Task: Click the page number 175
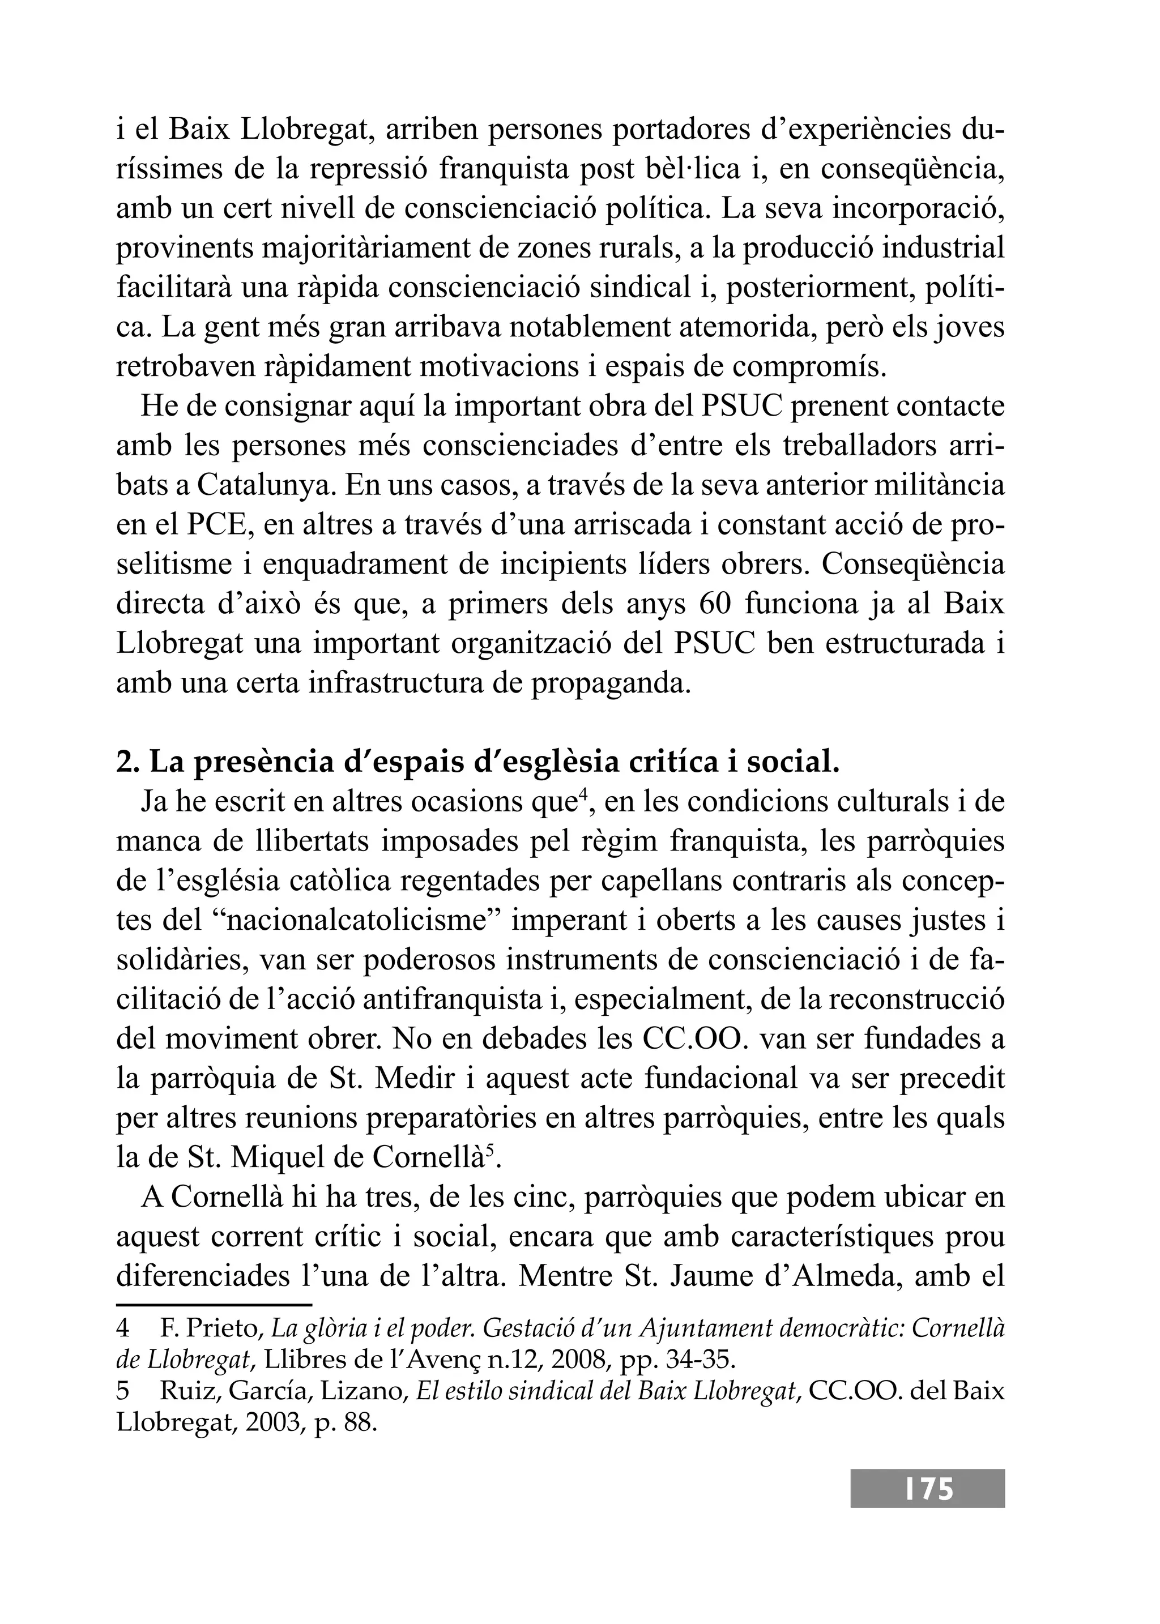point(928,1488)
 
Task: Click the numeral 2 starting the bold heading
point(123,763)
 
